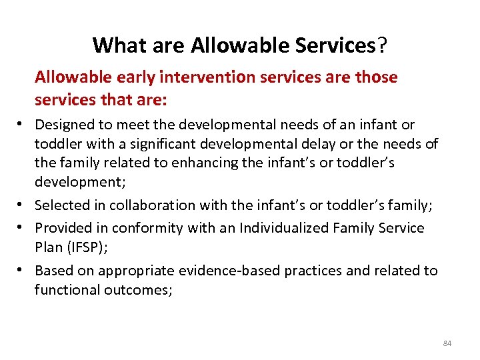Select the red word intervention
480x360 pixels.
[x=212, y=77]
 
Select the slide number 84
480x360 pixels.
[x=447, y=343]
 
